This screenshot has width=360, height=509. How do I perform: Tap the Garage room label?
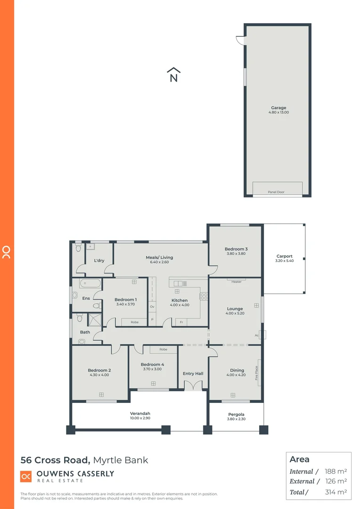(x=278, y=108)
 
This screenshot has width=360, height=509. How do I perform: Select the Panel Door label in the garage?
(x=276, y=192)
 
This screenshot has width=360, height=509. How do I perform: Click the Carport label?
(x=284, y=256)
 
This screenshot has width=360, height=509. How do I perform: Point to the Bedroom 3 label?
(x=236, y=249)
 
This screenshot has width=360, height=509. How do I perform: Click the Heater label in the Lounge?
(x=236, y=282)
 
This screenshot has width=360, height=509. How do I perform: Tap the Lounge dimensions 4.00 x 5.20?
(x=235, y=314)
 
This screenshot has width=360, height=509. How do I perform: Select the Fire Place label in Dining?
(x=257, y=373)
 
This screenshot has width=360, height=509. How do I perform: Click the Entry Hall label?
(x=193, y=374)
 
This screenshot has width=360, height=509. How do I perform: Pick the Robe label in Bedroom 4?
(x=163, y=350)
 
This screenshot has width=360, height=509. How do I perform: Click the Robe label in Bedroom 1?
(x=135, y=322)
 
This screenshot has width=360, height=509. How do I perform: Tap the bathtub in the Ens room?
(x=90, y=284)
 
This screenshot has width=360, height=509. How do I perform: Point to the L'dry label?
(x=99, y=261)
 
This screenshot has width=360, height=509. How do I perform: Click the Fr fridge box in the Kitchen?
(x=181, y=322)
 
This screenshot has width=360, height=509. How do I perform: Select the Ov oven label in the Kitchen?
(x=152, y=307)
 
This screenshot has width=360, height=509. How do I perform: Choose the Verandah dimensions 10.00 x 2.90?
(x=140, y=419)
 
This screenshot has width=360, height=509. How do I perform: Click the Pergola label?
(x=236, y=414)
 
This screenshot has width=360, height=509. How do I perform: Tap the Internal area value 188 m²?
(x=336, y=471)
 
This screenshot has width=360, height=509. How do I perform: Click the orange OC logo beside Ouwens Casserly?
(x=26, y=476)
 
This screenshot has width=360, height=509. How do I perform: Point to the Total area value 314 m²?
(x=336, y=492)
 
